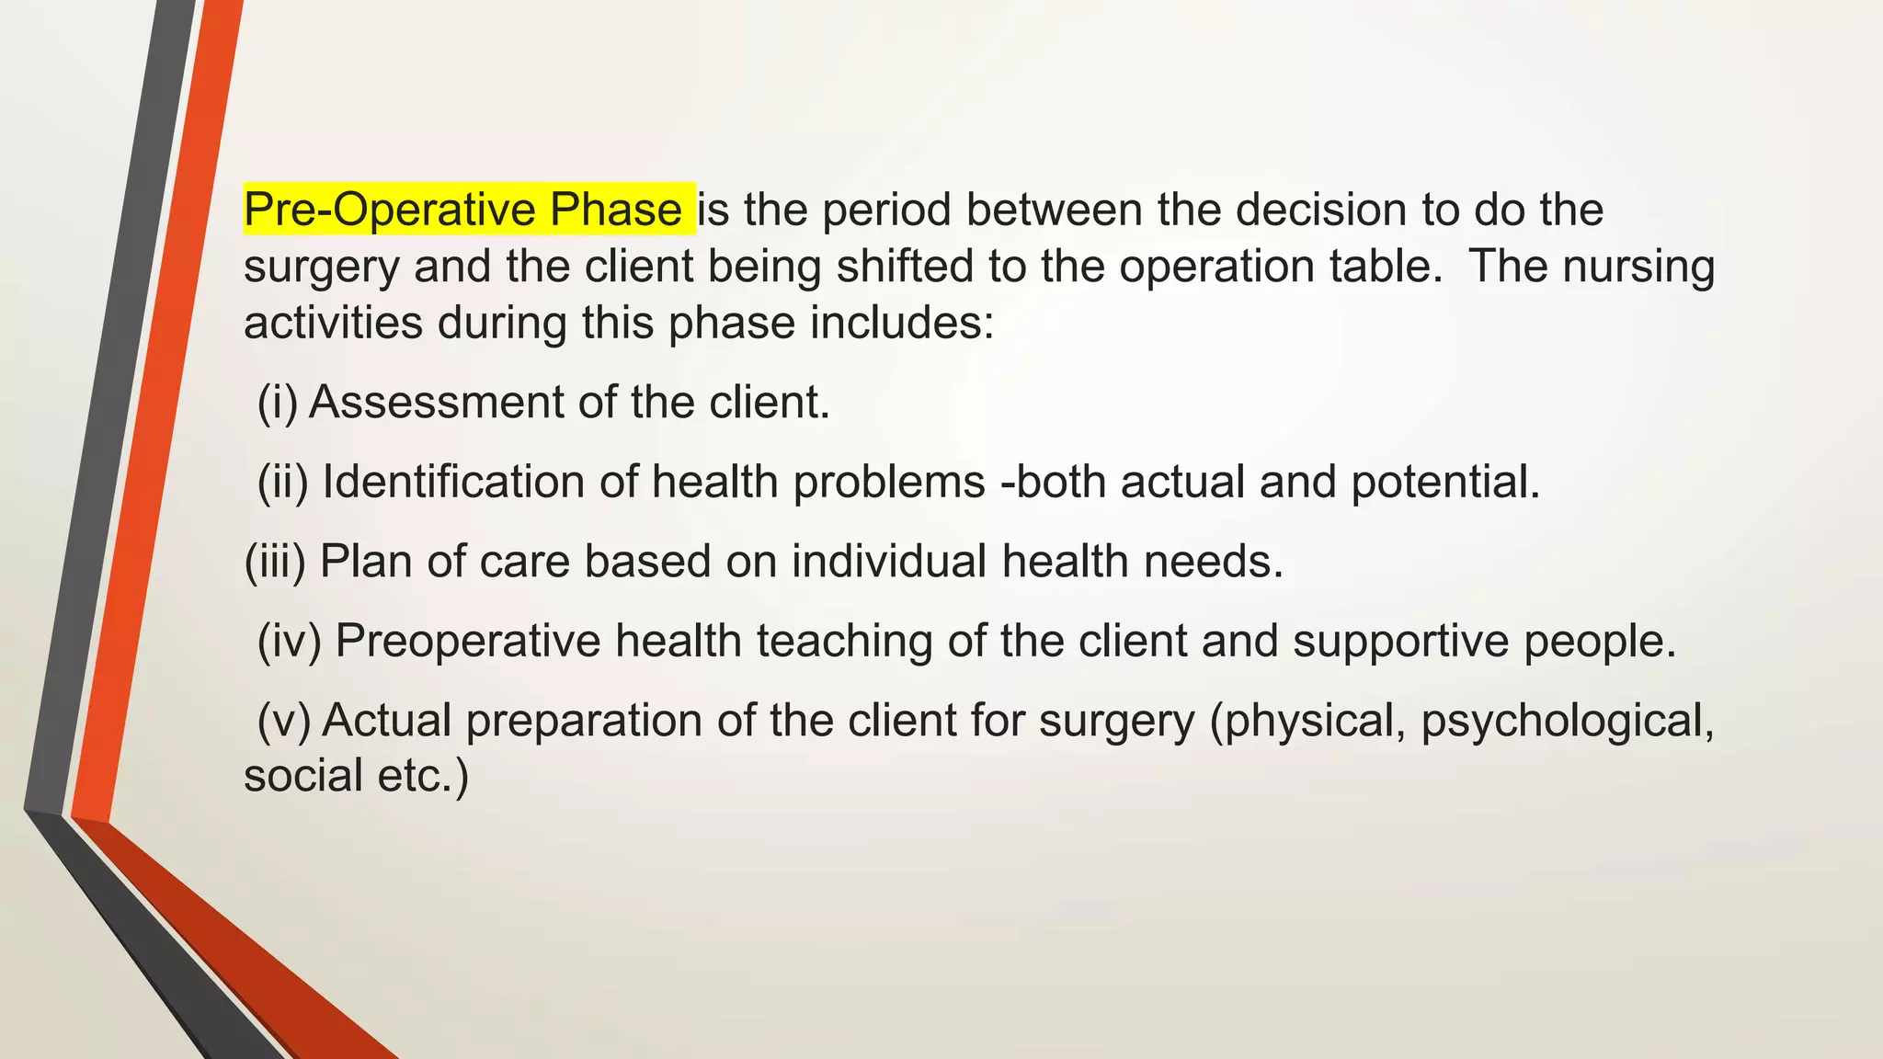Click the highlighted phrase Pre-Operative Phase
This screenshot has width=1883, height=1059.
coord(463,210)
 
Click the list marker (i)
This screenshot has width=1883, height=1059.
coord(277,403)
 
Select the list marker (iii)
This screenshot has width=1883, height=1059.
coord(274,561)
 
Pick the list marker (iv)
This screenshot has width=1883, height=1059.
coord(289,641)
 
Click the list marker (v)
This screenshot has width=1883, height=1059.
coord(283,720)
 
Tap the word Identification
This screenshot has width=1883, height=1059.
coord(453,482)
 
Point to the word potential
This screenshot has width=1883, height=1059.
coord(1445,482)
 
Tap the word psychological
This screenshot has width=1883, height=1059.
coord(1568,720)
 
